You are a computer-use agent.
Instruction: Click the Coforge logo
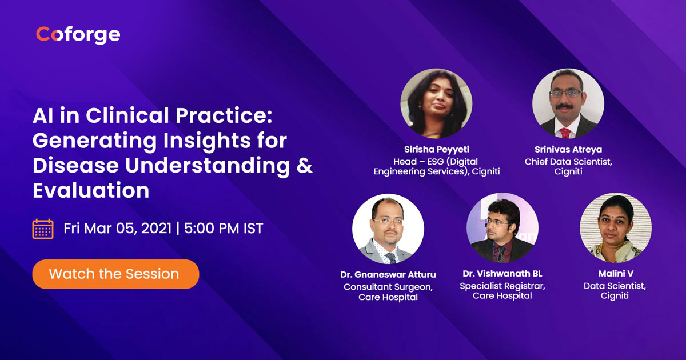[x=78, y=35]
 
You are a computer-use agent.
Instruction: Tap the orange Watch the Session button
[x=115, y=274]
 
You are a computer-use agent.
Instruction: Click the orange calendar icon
[x=43, y=229]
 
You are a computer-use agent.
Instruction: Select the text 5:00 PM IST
[x=224, y=229]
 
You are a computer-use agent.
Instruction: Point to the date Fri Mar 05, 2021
[x=117, y=229]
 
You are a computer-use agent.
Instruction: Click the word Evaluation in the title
[x=91, y=190]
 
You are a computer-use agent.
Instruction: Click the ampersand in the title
[x=304, y=165]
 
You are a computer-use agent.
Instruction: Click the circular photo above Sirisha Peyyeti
[x=436, y=103]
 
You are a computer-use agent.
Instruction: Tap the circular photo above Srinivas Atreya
[x=568, y=103]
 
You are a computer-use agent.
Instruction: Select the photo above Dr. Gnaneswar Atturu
[x=388, y=229]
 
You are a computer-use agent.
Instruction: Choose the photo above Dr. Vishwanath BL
[x=502, y=228]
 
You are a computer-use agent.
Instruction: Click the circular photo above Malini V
[x=616, y=228]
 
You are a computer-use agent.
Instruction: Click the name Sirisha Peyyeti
[x=436, y=149]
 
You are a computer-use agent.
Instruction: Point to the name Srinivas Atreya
[x=568, y=149]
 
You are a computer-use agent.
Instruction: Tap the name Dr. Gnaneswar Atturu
[x=388, y=275]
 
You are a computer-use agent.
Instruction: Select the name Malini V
[x=616, y=273]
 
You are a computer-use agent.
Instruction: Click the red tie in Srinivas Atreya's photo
[x=565, y=133]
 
